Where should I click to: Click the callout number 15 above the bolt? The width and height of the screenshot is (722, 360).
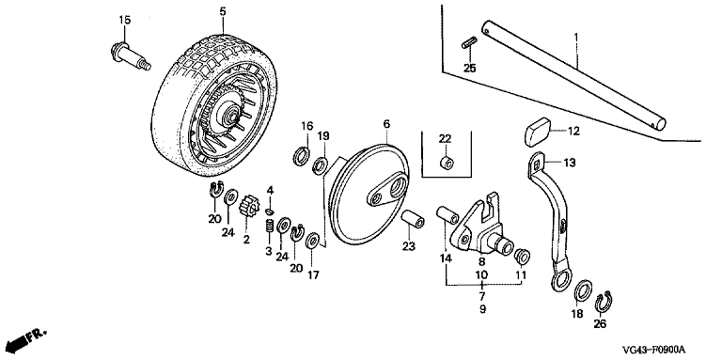click(x=125, y=20)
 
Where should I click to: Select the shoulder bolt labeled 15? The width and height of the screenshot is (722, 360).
click(x=131, y=56)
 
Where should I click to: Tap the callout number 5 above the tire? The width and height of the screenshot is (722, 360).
click(x=223, y=11)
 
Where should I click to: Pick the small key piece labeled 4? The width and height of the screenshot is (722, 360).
click(x=271, y=211)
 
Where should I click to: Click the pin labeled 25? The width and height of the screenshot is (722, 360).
click(x=468, y=43)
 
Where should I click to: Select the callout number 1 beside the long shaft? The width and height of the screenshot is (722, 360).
click(x=575, y=36)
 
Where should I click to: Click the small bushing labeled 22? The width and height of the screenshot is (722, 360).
click(x=446, y=163)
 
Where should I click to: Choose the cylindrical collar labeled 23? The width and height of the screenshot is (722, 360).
click(x=412, y=218)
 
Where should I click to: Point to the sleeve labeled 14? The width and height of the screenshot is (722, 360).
click(x=447, y=214)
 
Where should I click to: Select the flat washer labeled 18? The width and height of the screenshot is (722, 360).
click(x=584, y=290)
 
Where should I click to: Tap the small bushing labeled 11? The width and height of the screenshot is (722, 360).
click(x=522, y=256)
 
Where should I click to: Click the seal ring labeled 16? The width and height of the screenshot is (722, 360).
click(x=302, y=154)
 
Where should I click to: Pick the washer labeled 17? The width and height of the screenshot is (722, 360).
click(x=314, y=240)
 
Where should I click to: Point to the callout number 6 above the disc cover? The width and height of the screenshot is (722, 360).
click(x=386, y=124)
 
